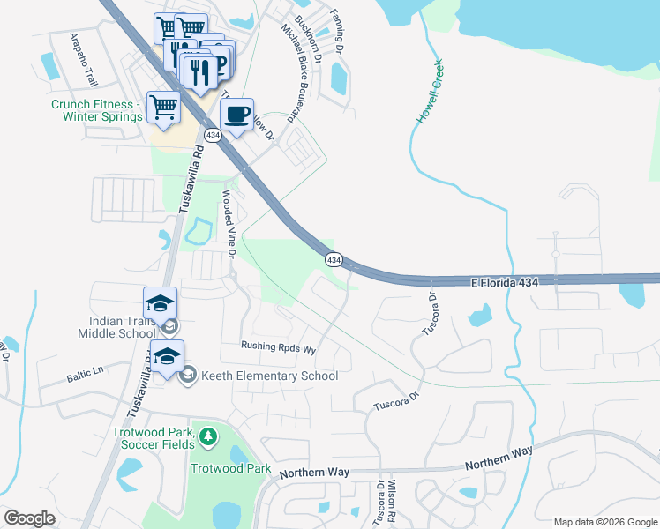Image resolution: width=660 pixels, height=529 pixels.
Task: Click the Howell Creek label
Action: click(x=430, y=92)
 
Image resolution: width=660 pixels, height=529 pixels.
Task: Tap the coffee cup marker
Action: click(x=236, y=115)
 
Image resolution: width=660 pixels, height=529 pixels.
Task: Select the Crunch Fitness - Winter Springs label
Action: click(x=96, y=110)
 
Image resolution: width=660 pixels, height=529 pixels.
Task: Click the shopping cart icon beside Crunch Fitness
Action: click(x=164, y=108)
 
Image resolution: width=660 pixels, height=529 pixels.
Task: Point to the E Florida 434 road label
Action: click(x=505, y=281)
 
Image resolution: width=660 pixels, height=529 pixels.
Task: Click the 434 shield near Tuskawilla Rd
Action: click(x=212, y=135)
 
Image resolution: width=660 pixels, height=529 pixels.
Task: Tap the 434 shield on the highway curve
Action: click(x=333, y=260)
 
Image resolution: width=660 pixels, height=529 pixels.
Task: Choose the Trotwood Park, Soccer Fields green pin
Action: click(x=207, y=436)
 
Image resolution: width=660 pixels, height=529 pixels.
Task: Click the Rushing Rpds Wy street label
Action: click(x=278, y=348)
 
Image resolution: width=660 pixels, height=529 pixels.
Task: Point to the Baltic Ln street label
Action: click(x=85, y=377)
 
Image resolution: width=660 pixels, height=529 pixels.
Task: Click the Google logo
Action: click(x=29, y=518)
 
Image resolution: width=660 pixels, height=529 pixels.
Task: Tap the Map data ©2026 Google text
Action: click(x=605, y=522)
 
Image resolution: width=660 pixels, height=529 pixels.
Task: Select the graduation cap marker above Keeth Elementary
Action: click(x=166, y=356)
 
